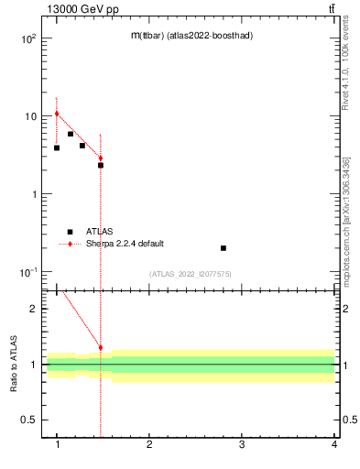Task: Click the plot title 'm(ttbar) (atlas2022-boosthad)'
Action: pyautogui.click(x=191, y=35)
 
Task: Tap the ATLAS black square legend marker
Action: pyautogui.click(x=70, y=232)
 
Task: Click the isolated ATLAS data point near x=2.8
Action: pyautogui.click(x=224, y=248)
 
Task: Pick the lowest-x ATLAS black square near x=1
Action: pyautogui.click(x=57, y=147)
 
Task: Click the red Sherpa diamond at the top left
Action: pyautogui.click(x=57, y=114)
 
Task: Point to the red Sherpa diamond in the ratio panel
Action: pyautogui.click(x=101, y=348)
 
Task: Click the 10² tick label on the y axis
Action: pyautogui.click(x=27, y=39)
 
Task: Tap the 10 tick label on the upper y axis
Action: pyautogui.click(x=30, y=117)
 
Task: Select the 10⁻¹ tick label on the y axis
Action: pyautogui.click(x=27, y=273)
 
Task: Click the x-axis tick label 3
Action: pyautogui.click(x=242, y=445)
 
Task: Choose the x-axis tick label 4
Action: pyautogui.click(x=334, y=445)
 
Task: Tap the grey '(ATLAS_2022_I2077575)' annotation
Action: pyautogui.click(x=191, y=274)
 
